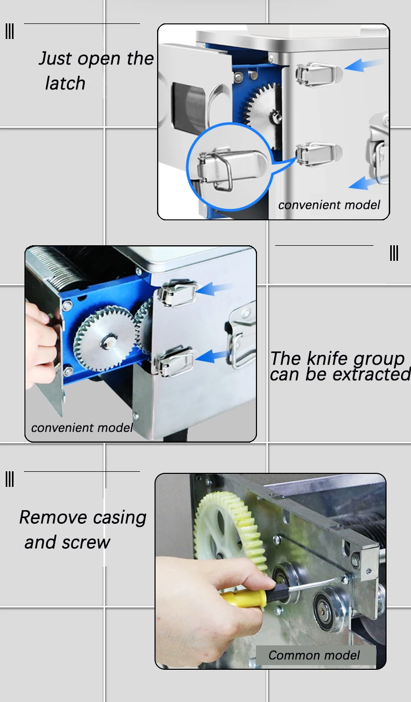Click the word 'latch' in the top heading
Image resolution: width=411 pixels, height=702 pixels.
pos(65,83)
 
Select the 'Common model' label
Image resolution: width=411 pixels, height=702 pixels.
pos(314,655)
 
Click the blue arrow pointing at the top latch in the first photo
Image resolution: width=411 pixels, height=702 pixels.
pos(363,64)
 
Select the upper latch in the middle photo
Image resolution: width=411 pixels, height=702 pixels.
pos(177,293)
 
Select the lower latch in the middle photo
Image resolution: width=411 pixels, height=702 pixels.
pos(174,361)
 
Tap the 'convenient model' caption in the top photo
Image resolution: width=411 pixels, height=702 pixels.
pos(329,205)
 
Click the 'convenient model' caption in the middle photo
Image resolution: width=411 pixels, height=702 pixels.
pos(82,428)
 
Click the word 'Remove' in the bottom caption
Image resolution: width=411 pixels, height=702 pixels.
pos(53,517)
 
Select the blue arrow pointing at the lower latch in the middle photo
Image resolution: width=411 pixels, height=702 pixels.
pos(212,356)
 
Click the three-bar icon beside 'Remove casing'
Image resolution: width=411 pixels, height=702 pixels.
pos(10,479)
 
